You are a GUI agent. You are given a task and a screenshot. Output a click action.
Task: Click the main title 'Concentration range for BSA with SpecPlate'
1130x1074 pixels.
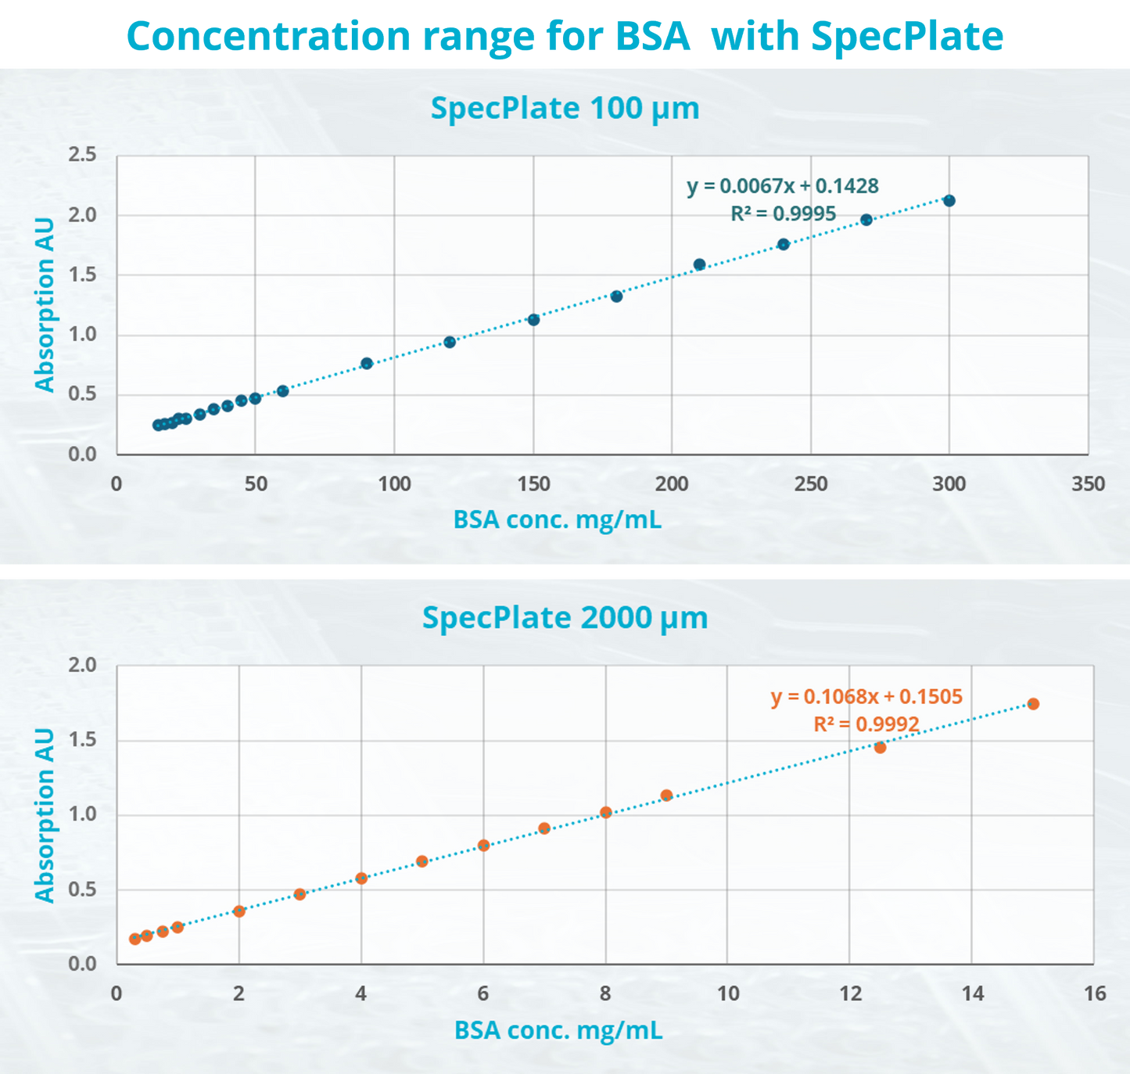point(565,36)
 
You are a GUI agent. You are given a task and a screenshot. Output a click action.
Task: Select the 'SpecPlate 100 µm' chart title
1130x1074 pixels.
point(565,108)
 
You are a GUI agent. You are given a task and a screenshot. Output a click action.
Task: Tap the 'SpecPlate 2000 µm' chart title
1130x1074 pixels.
point(565,618)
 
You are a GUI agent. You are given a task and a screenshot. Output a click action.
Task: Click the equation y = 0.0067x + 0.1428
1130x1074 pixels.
point(783,186)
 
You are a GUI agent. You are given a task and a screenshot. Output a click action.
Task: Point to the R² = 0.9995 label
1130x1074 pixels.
point(783,214)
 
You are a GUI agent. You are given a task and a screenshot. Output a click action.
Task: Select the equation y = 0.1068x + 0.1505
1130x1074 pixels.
point(866,697)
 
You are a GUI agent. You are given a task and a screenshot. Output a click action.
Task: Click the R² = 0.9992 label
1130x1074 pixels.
point(866,724)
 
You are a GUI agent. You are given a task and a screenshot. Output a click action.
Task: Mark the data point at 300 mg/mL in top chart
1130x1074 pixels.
point(949,201)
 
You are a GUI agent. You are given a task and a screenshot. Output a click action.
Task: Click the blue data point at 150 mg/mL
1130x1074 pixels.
point(534,320)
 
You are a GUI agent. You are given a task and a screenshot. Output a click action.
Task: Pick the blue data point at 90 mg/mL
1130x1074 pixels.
point(367,364)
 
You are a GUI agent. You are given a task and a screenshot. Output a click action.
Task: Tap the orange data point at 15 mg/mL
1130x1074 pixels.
point(1033,704)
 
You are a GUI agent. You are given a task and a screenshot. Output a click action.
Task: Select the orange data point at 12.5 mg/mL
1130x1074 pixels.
point(880,748)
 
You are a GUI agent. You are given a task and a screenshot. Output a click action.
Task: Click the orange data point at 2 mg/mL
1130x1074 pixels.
point(239,911)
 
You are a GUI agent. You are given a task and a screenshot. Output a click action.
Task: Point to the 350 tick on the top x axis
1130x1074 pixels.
point(1088,484)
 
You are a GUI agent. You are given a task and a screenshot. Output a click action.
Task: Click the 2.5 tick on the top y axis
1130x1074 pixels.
point(82,155)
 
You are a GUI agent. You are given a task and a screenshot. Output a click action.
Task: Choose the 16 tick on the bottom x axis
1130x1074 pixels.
point(1095,994)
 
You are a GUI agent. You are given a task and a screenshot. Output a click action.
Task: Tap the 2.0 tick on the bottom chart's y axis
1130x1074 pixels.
point(82,666)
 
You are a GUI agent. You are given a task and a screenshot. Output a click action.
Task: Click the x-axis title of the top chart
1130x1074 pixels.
point(558,520)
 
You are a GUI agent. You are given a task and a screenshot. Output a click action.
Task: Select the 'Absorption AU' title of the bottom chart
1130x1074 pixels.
point(45,815)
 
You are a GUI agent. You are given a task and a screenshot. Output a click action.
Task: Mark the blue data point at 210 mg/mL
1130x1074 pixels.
point(700,265)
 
